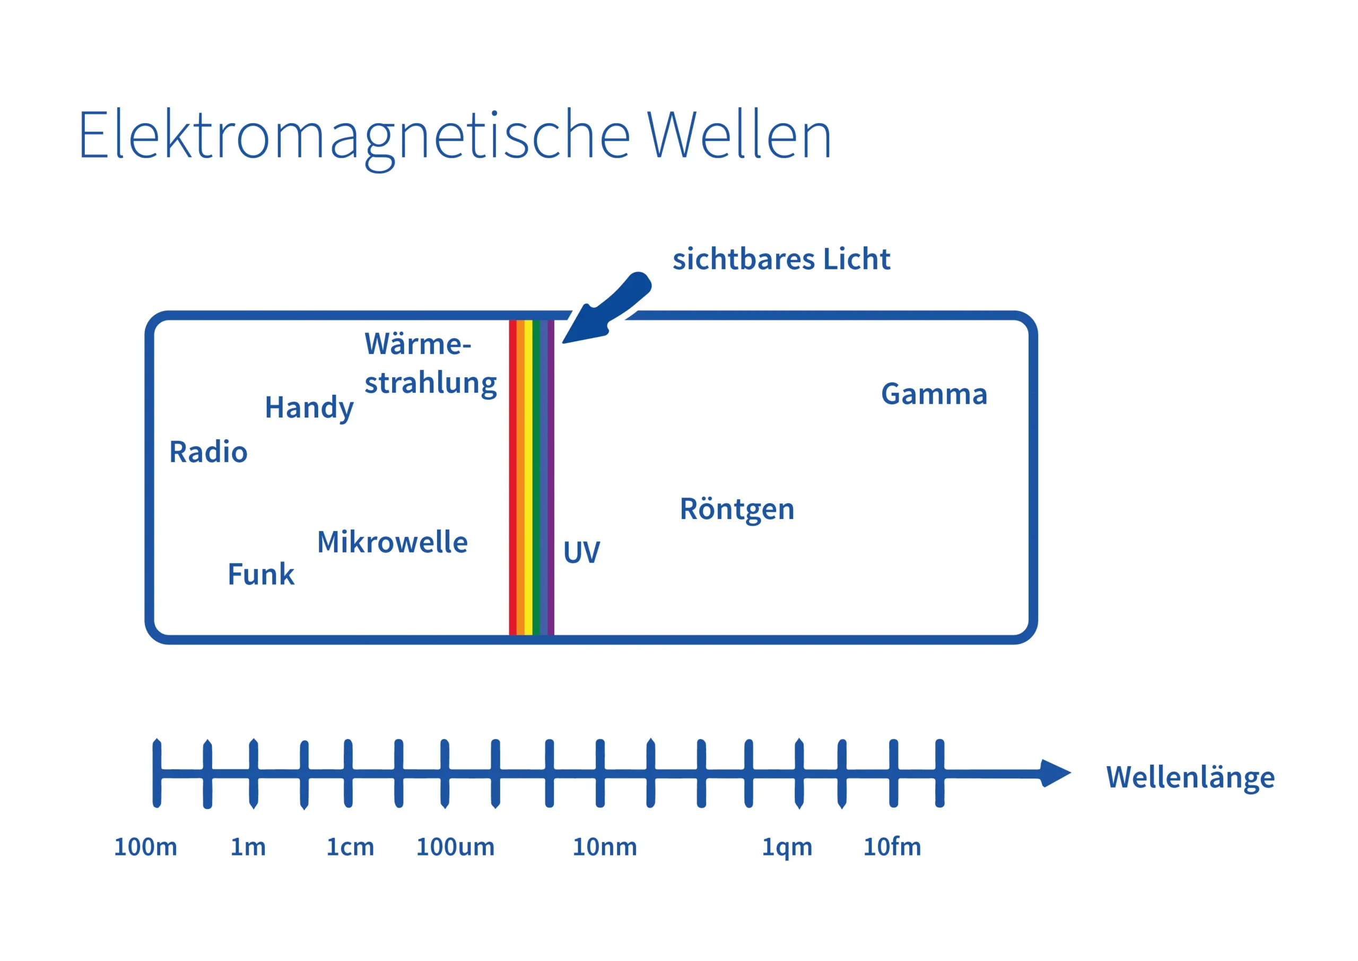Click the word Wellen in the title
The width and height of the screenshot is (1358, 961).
(x=739, y=136)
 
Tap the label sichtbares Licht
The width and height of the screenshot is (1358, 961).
(x=781, y=259)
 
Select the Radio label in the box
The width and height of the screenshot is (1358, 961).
(x=208, y=452)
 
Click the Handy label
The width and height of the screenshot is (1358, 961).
(x=309, y=408)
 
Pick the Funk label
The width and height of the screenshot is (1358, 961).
(x=261, y=574)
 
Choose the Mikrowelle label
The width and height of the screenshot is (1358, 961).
(x=392, y=542)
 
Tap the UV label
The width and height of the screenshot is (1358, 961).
(x=581, y=552)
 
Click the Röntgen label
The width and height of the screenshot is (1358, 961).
(x=736, y=509)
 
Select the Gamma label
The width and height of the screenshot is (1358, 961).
(x=934, y=394)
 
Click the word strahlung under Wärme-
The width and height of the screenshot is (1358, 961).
(x=431, y=383)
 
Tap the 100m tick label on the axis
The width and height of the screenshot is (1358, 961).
(x=145, y=847)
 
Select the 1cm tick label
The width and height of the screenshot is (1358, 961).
(x=350, y=847)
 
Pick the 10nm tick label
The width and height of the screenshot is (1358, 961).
(x=605, y=847)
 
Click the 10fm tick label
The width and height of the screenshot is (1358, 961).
(x=892, y=847)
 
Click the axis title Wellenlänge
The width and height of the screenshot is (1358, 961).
(x=1190, y=777)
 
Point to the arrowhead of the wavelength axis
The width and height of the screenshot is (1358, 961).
(x=1055, y=773)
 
